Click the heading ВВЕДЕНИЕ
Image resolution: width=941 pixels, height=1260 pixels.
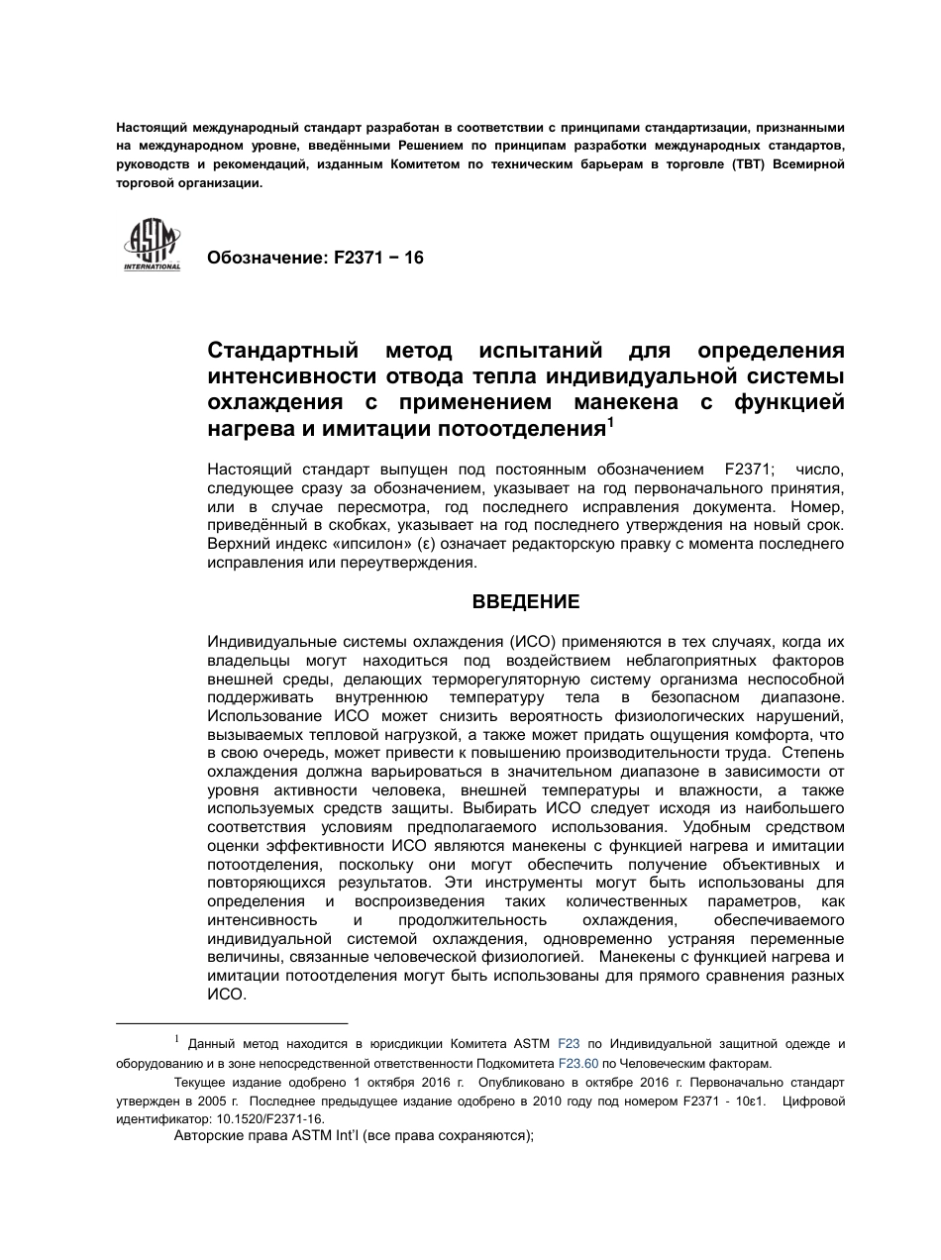coord(525,602)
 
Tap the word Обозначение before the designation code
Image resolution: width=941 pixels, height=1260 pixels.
coord(261,259)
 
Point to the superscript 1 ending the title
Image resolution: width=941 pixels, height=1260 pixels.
coord(610,423)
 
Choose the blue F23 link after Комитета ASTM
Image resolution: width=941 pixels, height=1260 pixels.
coord(569,1044)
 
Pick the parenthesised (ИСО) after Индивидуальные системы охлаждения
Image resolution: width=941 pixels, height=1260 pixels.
coord(539,642)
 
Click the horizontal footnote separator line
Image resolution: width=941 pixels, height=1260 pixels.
coord(232,1022)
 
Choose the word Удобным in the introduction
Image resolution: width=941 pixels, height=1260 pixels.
coord(725,826)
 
